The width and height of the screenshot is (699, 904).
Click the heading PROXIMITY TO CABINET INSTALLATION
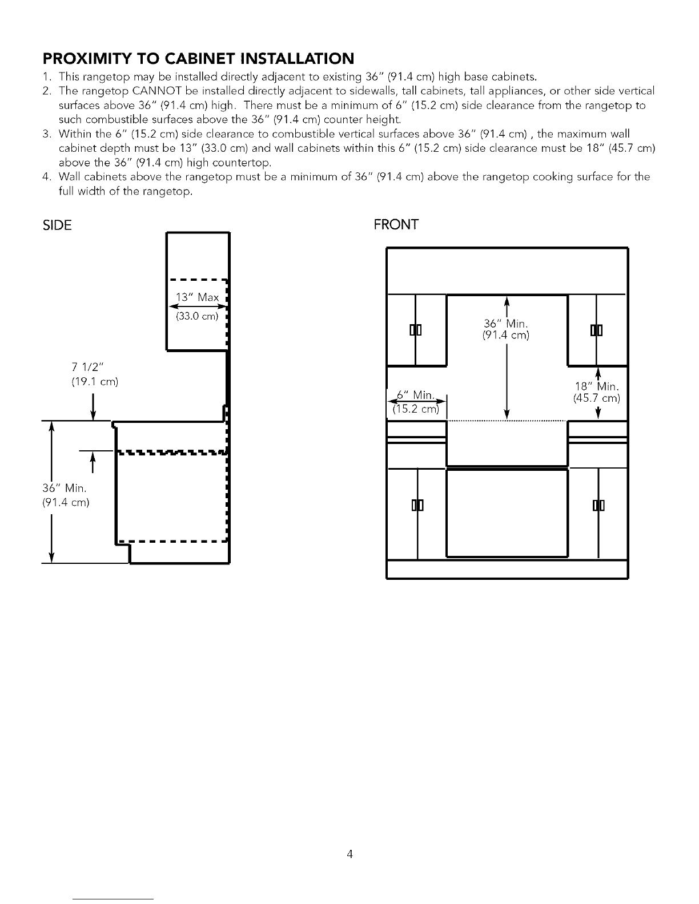(x=198, y=59)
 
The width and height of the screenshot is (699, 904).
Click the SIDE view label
(x=57, y=225)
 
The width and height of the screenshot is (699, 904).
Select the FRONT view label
(x=396, y=225)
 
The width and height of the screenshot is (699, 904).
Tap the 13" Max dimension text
(x=197, y=297)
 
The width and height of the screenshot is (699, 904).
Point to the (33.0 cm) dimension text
(x=197, y=316)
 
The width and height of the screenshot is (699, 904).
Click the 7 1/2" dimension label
(x=87, y=367)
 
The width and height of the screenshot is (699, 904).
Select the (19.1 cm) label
(x=95, y=381)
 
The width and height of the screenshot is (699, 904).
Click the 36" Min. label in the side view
(x=65, y=487)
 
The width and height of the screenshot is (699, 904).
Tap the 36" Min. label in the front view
(x=506, y=323)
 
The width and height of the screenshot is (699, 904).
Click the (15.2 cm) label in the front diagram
(x=416, y=409)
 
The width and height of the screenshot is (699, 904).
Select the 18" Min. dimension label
(x=597, y=386)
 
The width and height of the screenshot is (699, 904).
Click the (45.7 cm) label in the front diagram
(x=597, y=398)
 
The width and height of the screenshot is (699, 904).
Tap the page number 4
(x=349, y=854)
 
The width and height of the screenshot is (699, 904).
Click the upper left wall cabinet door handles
(x=416, y=330)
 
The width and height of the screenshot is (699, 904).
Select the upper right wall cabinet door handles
(x=597, y=330)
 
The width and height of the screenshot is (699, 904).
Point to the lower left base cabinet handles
(x=417, y=505)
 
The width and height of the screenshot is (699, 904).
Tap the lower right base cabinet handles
(x=598, y=505)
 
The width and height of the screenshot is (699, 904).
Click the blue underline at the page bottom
(x=113, y=899)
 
